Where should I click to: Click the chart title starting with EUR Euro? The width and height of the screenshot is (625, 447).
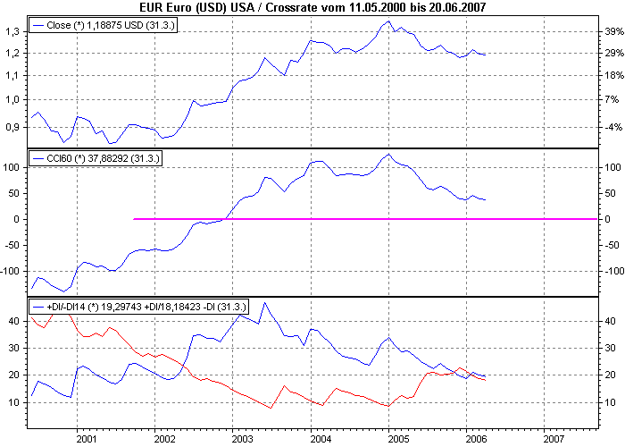(x=312, y=7)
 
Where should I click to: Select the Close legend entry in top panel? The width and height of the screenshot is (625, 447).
(x=100, y=26)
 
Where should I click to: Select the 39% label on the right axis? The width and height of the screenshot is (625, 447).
(x=612, y=31)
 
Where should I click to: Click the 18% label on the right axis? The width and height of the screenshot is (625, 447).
(x=612, y=76)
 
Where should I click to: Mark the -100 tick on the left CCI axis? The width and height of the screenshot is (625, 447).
(x=12, y=270)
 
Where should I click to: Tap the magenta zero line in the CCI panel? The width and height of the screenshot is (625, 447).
(x=357, y=218)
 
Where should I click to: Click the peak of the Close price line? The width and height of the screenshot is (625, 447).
(x=387, y=21)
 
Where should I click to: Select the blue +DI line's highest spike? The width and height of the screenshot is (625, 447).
(x=263, y=303)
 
